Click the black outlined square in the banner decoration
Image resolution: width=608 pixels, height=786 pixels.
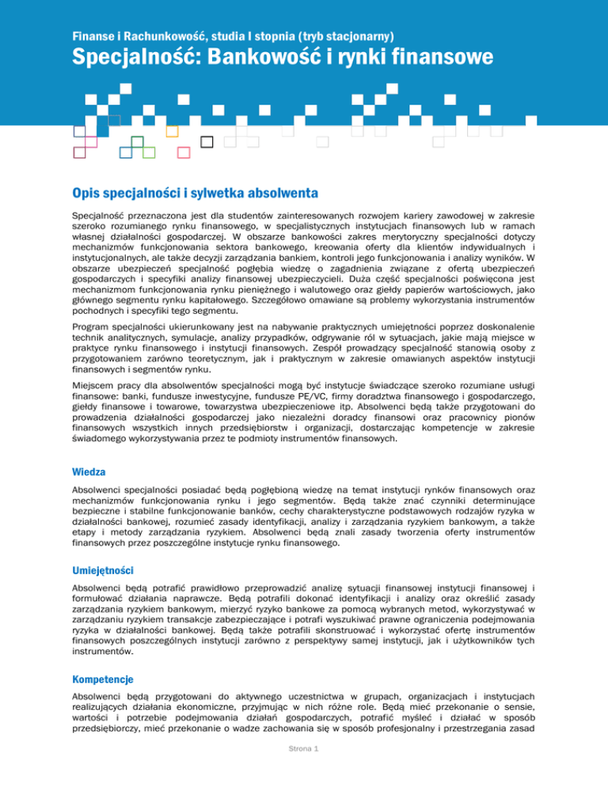coord(207,142)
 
